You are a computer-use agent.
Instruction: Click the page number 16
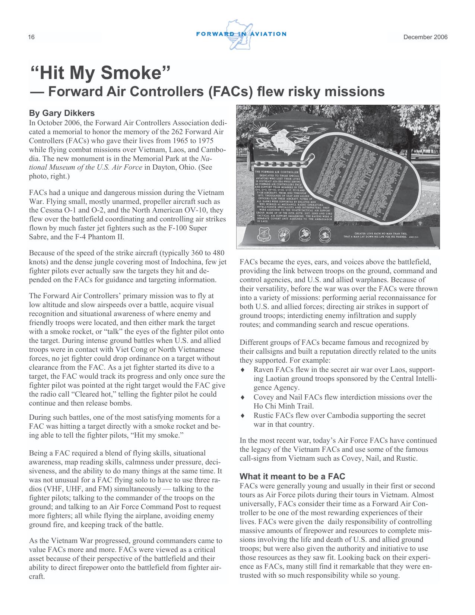[31, 37]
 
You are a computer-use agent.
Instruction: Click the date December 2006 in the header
[425, 37]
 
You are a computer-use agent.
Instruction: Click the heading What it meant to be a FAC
[292, 476]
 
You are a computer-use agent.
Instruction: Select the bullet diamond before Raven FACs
[243, 370]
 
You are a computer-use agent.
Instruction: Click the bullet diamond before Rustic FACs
[243, 415]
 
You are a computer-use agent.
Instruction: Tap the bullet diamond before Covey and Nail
[243, 397]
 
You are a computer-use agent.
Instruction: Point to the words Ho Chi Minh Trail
[284, 406]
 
